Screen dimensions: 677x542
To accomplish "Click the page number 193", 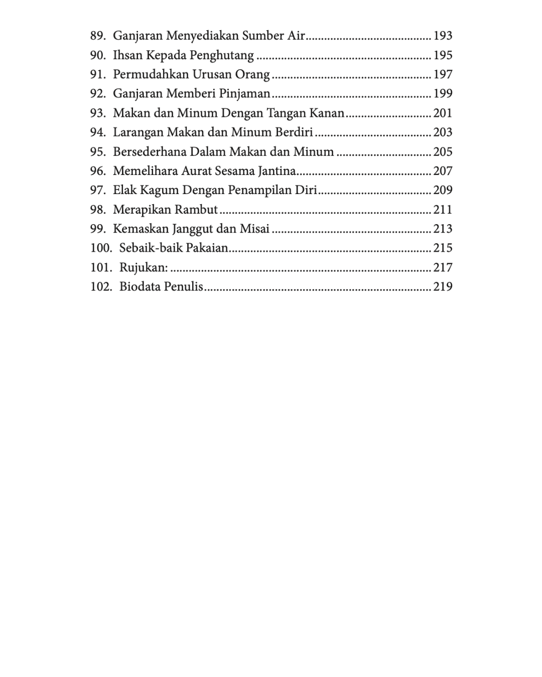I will point(443,36).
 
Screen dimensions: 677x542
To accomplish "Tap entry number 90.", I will point(98,55).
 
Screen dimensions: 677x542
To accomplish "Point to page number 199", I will point(443,93).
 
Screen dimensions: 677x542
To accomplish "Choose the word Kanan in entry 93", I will point(327,113).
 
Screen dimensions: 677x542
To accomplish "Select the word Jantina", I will point(277,171).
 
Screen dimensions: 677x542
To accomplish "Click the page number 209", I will point(443,190).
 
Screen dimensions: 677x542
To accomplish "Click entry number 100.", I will point(101,248).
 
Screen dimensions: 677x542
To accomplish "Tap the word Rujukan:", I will point(144,267).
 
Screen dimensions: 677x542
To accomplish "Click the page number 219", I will point(443,286).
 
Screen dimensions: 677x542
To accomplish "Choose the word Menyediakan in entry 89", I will point(202,36).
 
